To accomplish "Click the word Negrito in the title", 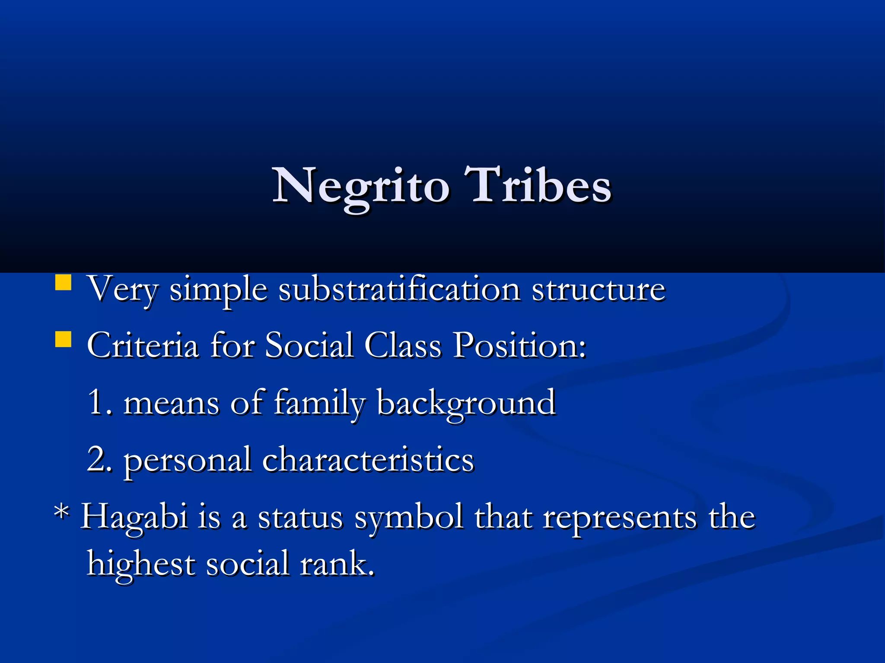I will pos(361,186).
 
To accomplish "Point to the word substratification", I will pos(399,289).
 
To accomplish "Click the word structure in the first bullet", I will pos(598,289).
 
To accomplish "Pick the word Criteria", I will pos(143,345).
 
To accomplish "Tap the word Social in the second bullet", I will pos(309,345).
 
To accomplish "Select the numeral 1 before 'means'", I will pos(96,402).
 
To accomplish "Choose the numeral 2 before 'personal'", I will pos(97,459).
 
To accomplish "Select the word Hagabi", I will pos(134,517).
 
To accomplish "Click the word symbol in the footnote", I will pos(409,517).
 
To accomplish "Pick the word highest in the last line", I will pos(141,564).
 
